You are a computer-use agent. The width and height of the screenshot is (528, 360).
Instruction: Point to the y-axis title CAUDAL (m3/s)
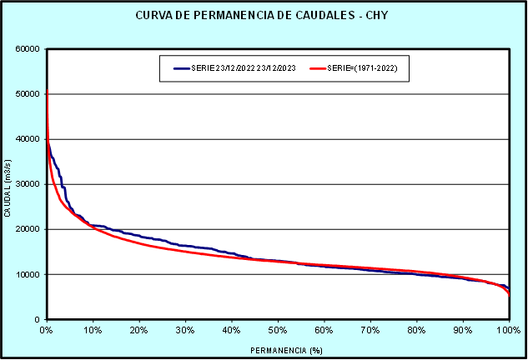coord(8,183)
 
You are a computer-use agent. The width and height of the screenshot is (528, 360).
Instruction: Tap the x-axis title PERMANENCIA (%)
coord(278,350)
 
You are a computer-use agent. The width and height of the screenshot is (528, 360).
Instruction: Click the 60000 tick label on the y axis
coord(28,48)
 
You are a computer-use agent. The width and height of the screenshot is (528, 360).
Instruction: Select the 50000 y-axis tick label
coord(28,93)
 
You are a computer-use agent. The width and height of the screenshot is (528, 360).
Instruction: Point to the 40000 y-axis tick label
coord(28,138)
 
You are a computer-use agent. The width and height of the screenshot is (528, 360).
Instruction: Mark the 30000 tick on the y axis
coord(28,184)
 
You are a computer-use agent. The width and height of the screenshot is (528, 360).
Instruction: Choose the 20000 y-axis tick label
coord(28,229)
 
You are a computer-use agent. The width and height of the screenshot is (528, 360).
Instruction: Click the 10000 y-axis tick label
coord(28,274)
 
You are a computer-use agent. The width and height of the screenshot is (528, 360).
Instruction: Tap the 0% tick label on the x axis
coord(47,330)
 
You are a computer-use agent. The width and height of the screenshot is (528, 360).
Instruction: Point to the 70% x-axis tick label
coord(370,330)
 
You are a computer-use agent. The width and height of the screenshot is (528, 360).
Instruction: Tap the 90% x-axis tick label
coord(463,330)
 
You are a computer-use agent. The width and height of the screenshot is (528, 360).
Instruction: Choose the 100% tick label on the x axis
coord(508,330)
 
